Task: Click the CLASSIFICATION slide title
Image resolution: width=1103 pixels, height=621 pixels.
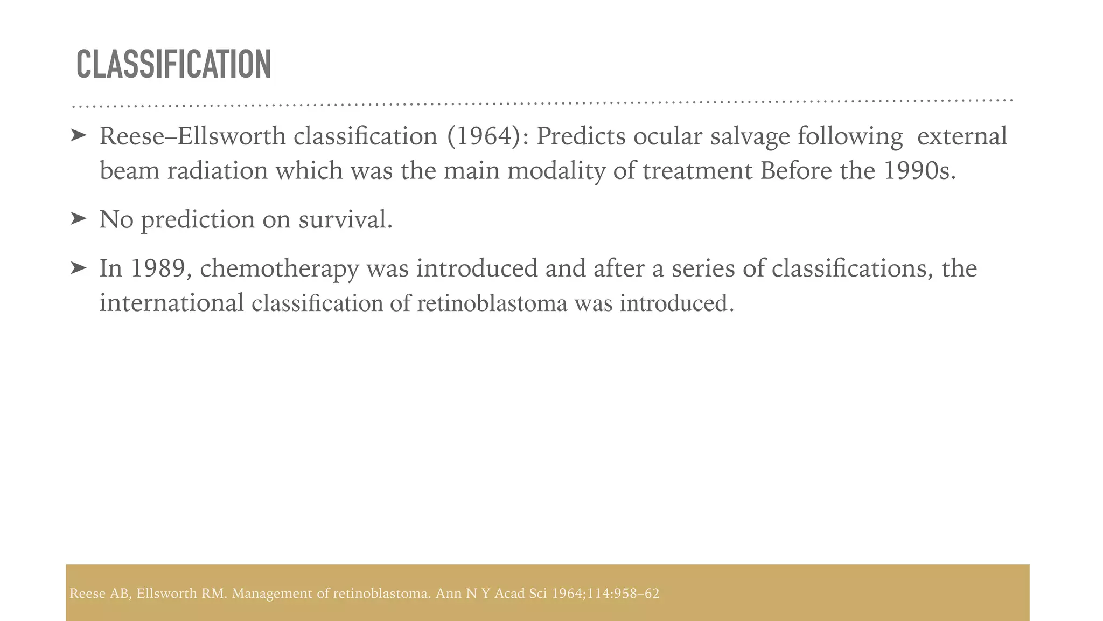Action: pos(173,64)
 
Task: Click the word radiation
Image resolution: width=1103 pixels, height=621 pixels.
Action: pos(217,171)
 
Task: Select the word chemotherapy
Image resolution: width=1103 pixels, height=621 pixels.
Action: pos(279,268)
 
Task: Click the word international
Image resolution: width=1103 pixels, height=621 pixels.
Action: pos(172,303)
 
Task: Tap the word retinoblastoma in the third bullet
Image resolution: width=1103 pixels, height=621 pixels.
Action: pos(492,303)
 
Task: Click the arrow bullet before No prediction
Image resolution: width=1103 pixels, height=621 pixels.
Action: pos(78,219)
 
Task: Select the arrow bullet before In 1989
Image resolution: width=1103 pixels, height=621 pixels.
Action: pos(78,268)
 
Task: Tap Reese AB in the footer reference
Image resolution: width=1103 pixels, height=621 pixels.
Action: pos(100,594)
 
